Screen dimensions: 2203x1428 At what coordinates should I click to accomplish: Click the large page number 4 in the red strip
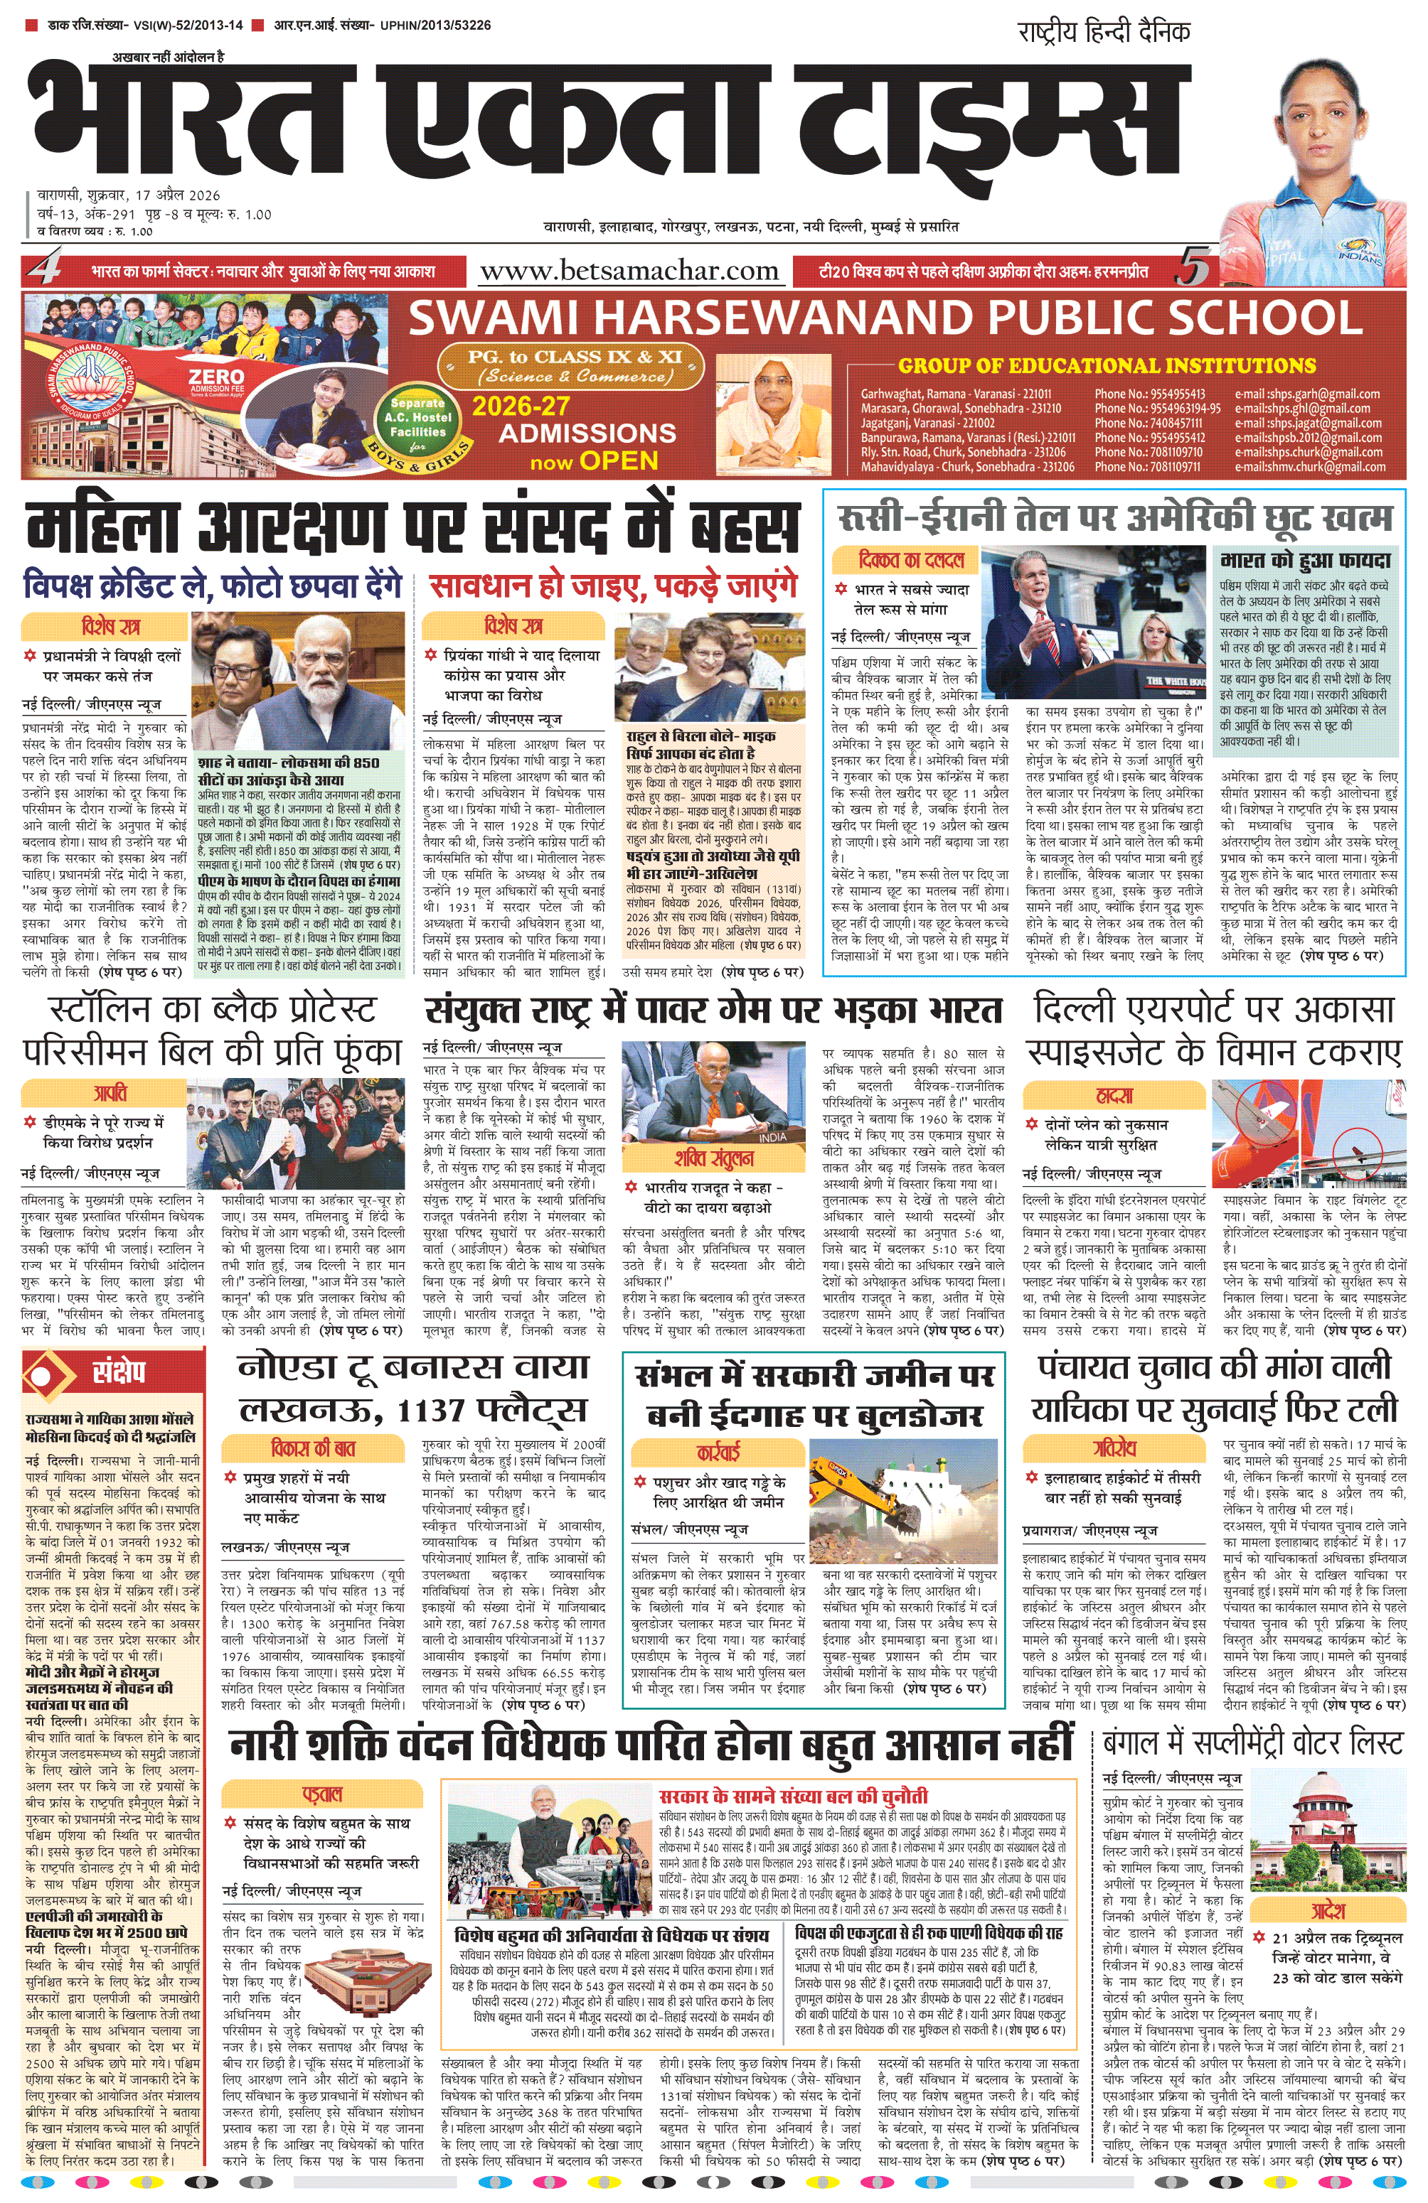coord(46,270)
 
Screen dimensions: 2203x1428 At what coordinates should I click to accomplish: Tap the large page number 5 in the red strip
coord(1193,270)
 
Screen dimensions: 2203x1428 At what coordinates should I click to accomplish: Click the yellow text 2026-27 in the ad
coord(521,406)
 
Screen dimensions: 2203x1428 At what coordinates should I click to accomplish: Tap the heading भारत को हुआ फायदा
coord(1306,561)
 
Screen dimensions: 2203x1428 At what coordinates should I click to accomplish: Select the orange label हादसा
coord(1114,1095)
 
